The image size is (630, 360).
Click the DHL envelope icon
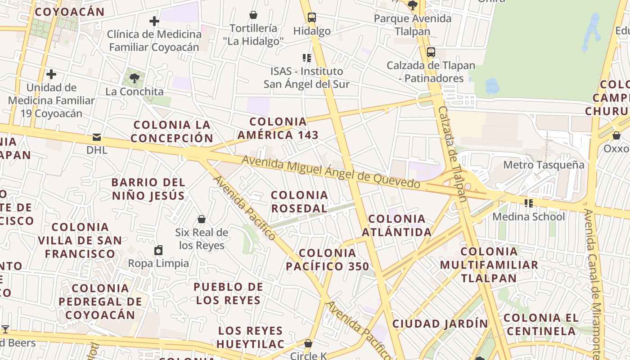[97, 137]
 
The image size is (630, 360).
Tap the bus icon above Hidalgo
[311, 18]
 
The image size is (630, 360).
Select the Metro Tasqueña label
[544, 165]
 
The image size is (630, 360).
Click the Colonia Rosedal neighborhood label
[299, 202]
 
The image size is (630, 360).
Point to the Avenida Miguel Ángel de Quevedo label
[331, 172]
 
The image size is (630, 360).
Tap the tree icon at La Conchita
[134, 78]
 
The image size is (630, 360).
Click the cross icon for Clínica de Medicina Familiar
[154, 21]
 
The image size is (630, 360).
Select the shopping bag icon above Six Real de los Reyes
[202, 219]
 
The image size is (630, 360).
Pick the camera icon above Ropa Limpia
[158, 250]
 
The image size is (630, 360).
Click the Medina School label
[528, 216]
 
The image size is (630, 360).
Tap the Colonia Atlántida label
[396, 225]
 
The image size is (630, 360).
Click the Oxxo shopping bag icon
[616, 135]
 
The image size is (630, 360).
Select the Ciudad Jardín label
[440, 324]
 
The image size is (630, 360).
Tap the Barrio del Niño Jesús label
[148, 189]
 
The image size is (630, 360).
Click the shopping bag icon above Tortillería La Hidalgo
[253, 15]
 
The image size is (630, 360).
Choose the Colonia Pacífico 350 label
[327, 260]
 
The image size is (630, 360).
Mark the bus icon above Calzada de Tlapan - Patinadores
[431, 52]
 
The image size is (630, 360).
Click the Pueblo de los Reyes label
[228, 293]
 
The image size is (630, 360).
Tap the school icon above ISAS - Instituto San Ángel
[307, 58]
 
